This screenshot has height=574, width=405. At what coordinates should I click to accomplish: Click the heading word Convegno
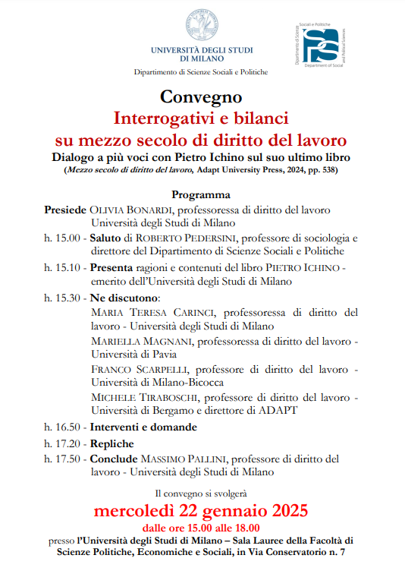[x=201, y=97]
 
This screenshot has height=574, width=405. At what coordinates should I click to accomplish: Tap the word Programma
[x=201, y=194]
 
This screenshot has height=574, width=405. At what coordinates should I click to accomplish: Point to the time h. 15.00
[x=61, y=238]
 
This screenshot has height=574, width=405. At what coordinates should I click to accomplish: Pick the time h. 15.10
[x=61, y=267]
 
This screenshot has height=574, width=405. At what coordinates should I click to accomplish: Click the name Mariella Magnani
[x=142, y=341]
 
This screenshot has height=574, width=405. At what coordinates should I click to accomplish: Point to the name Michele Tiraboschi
[x=143, y=398]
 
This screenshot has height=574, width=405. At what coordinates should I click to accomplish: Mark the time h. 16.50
[x=61, y=427]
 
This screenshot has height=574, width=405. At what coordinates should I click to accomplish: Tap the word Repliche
[x=112, y=443]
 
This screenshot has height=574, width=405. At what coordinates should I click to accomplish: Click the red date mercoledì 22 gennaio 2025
[x=202, y=509]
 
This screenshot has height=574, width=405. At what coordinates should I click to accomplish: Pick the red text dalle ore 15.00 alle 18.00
[x=202, y=527]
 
